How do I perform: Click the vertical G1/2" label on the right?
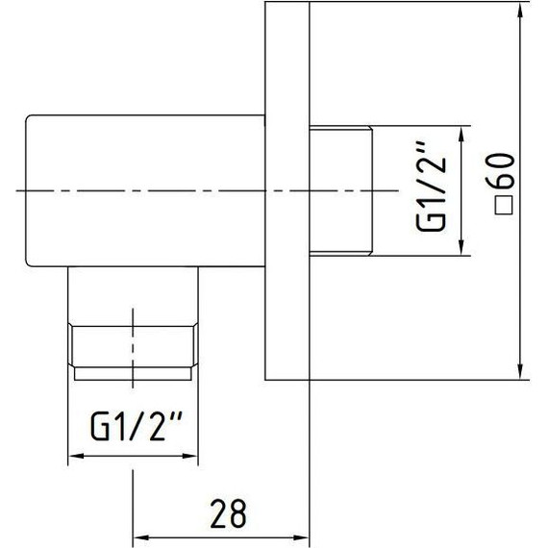[433, 191]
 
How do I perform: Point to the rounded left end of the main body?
[29, 191]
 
